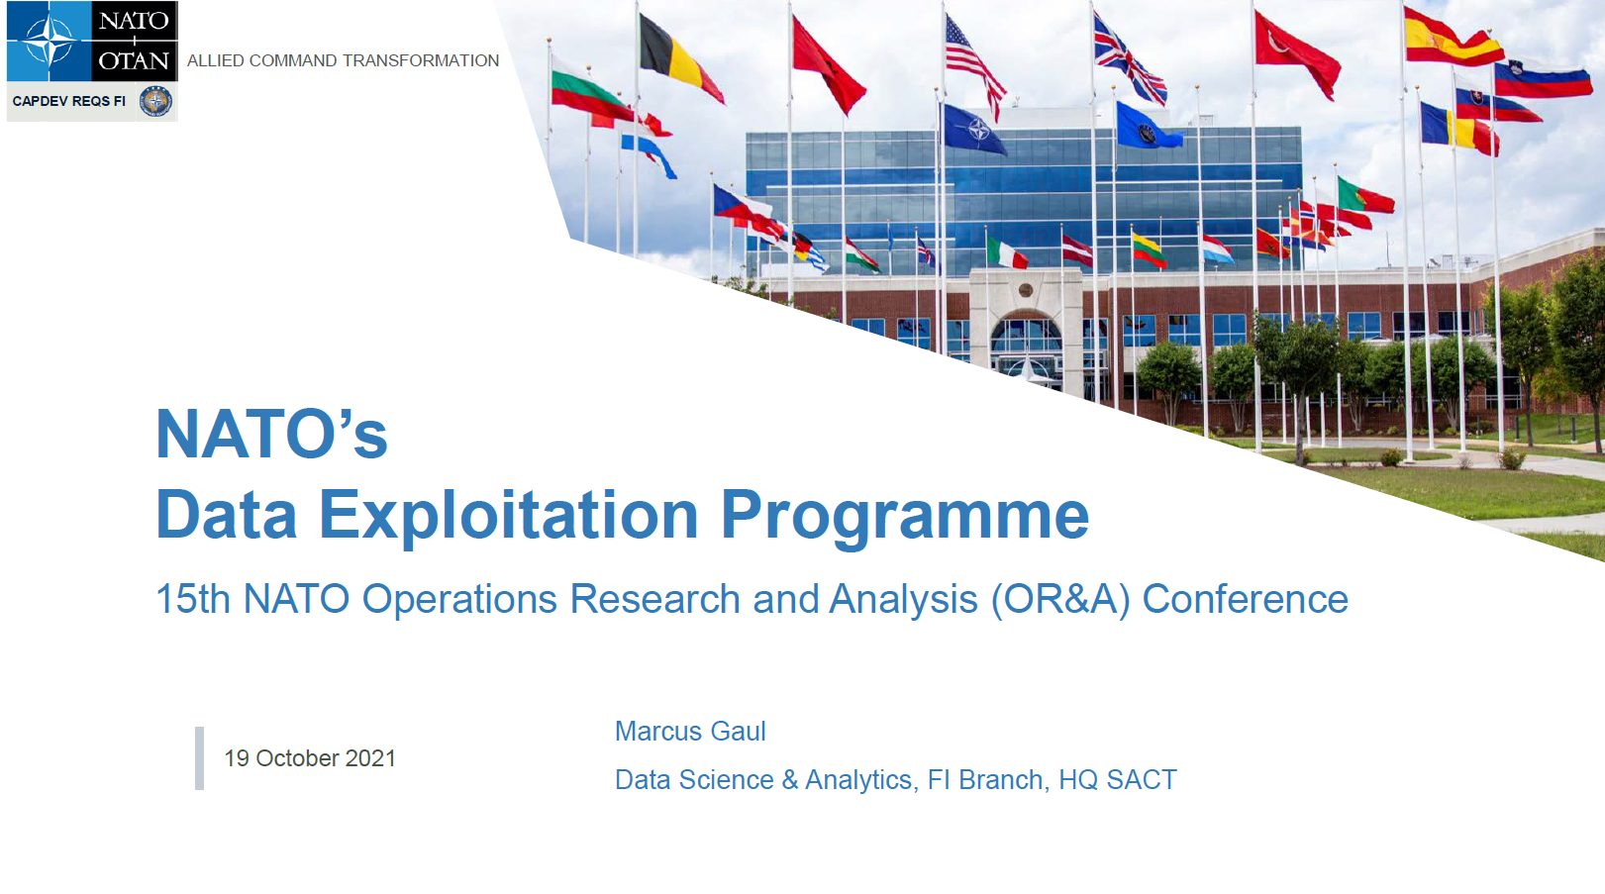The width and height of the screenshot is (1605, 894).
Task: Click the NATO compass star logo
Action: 48,41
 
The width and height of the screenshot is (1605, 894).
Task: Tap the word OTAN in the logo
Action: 134,61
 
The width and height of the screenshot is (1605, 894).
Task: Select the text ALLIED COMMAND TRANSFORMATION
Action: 344,61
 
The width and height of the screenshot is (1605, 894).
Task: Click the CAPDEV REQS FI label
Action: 68,101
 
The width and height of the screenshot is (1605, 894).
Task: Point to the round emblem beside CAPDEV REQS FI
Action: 154,101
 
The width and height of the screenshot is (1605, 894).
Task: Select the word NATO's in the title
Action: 271,434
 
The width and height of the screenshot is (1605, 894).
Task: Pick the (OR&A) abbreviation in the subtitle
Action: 1060,600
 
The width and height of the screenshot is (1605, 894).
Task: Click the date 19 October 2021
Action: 310,758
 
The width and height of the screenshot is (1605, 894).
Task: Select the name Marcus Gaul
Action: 690,732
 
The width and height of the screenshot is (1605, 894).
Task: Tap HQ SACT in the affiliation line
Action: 1118,780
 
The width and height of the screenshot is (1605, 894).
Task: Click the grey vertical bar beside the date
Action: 199,758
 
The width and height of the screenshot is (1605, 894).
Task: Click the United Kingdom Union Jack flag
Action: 1130,61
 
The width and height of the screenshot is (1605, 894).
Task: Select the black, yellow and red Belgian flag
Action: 680,58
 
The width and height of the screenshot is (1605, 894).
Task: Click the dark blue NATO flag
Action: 973,130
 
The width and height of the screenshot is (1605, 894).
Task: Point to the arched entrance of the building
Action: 1026,343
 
